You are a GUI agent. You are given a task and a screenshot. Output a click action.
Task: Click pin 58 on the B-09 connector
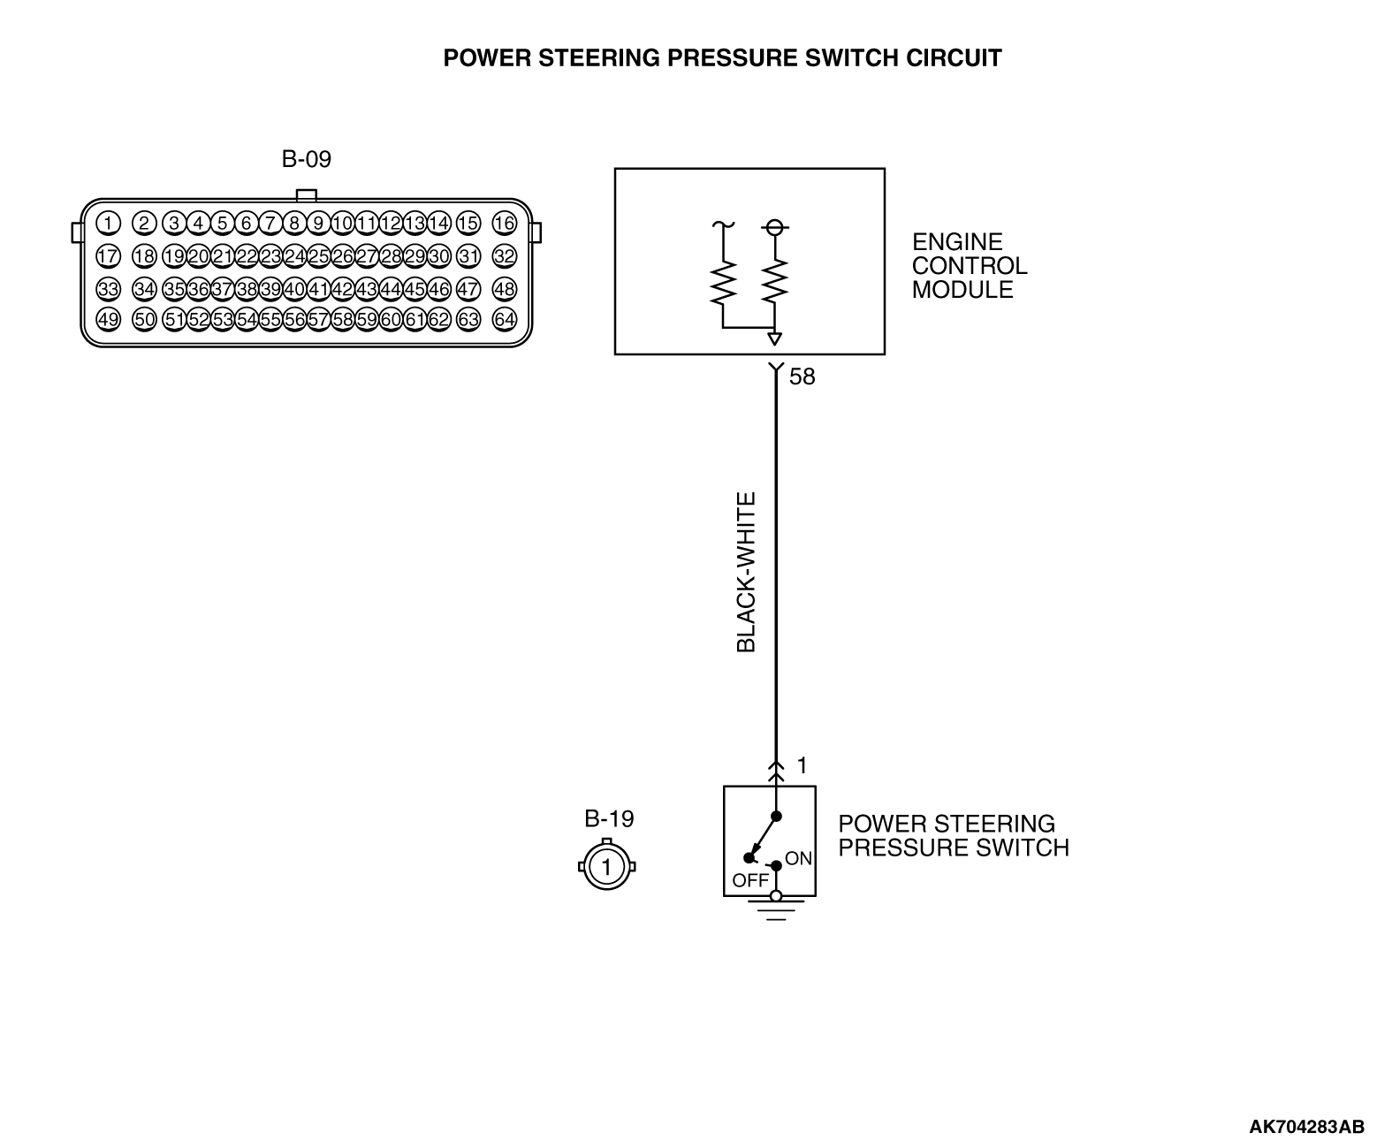(343, 319)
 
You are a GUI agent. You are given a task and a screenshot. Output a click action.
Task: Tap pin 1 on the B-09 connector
(108, 223)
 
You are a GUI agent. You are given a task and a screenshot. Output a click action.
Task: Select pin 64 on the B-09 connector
(504, 319)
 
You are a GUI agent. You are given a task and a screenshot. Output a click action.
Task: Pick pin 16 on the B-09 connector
(504, 223)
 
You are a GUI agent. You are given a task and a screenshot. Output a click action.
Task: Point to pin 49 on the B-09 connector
(108, 319)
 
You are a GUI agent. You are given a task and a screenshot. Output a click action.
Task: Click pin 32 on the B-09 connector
(504, 256)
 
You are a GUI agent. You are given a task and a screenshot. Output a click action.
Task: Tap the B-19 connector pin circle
(606, 866)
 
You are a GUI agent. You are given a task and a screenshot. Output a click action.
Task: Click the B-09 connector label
(307, 160)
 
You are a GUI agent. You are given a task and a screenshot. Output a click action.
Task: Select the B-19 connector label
(609, 818)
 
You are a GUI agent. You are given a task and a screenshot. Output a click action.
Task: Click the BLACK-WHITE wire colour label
(747, 573)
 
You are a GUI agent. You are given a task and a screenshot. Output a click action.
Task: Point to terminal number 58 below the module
(801, 377)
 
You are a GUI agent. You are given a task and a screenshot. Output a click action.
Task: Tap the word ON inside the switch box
(798, 858)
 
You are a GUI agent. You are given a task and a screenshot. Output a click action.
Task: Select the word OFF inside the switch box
(750, 880)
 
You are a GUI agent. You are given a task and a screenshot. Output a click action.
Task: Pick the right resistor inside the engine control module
(775, 281)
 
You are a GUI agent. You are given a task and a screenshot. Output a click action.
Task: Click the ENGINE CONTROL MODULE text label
(969, 266)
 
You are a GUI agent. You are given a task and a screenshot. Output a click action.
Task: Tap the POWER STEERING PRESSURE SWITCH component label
(953, 836)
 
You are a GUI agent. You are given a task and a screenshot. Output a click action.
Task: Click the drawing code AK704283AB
(1305, 1127)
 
